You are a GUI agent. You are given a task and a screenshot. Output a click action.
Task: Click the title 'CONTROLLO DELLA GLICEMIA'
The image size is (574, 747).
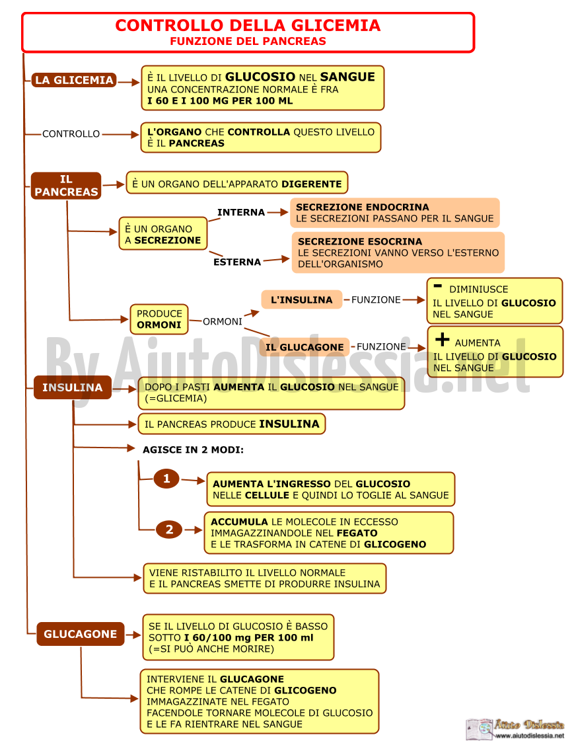click(x=248, y=25)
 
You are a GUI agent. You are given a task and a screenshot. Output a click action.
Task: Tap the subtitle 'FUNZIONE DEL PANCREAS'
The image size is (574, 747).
click(x=248, y=42)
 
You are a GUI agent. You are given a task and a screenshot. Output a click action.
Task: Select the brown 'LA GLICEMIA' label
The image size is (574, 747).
click(x=74, y=80)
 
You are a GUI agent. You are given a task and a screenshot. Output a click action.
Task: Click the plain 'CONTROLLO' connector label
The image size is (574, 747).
click(x=71, y=134)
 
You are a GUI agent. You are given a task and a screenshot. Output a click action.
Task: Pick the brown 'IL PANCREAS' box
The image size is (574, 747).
click(x=66, y=186)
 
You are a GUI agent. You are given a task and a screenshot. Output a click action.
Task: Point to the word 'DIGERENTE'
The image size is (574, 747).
click(x=312, y=184)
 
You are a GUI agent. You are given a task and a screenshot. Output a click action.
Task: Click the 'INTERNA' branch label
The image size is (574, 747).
click(x=241, y=212)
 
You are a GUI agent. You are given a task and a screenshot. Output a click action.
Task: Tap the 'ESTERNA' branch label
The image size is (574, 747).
click(x=237, y=262)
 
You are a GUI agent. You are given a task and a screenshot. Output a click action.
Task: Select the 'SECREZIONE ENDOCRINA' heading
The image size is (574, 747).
click(x=363, y=207)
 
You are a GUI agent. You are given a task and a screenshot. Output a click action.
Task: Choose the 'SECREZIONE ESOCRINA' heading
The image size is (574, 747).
click(x=360, y=241)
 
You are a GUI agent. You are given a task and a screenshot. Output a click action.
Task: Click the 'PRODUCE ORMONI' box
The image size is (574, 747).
click(x=159, y=320)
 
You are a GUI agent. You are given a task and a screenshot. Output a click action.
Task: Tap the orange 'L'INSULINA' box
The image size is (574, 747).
click(x=302, y=299)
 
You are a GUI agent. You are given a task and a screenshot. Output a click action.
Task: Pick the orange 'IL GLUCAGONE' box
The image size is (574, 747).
click(x=305, y=347)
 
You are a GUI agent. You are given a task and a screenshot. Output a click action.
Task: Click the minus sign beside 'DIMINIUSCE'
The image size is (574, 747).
click(x=438, y=286)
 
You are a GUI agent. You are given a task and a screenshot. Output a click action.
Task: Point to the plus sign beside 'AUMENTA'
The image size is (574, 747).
click(x=442, y=339)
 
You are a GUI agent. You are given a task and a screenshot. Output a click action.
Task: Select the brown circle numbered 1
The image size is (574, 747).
click(x=166, y=479)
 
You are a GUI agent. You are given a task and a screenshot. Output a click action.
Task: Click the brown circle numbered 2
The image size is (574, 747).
click(x=169, y=530)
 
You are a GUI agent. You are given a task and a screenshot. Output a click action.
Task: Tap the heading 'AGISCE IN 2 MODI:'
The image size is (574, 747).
click(x=194, y=450)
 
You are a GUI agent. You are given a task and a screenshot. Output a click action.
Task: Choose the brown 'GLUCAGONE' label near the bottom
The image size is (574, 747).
click(x=81, y=634)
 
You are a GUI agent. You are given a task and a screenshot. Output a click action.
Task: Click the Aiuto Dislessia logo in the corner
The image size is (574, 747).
click(x=515, y=729)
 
